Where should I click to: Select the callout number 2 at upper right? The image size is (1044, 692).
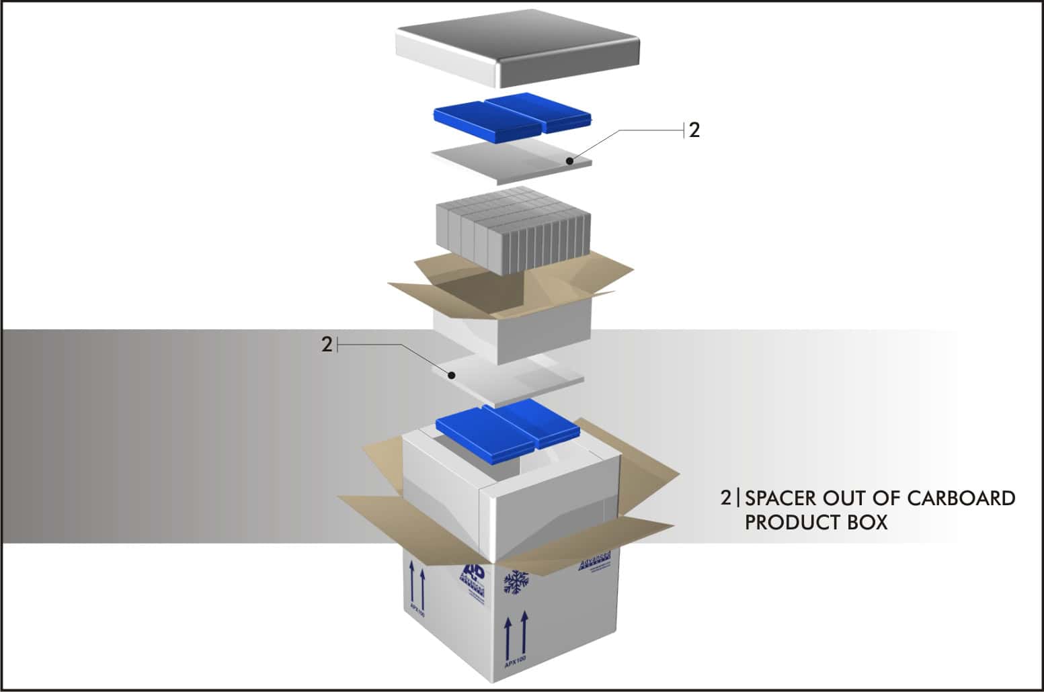(x=694, y=130)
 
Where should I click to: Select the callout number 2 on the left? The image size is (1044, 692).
(x=327, y=345)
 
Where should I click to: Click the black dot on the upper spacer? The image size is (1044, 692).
(x=569, y=161)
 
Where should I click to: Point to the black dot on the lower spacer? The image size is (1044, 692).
(x=452, y=375)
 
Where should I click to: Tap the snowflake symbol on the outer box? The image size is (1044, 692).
(x=516, y=582)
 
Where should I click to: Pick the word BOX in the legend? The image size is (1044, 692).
(x=867, y=522)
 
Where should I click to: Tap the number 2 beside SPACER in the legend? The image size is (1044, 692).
(x=725, y=499)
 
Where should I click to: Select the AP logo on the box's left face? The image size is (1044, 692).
(x=473, y=575)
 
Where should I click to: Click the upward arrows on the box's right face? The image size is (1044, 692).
(x=514, y=634)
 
